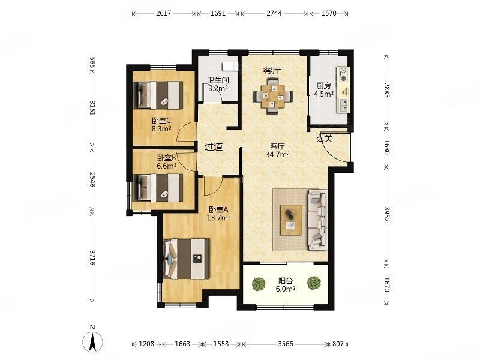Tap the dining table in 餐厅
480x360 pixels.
click(272, 96)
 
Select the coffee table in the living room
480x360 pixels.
click(291, 220)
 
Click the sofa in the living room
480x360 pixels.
click(317, 220)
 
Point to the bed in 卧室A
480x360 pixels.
click(187, 259)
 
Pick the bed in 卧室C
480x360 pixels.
click(158, 95)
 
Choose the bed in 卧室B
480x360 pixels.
click(158, 188)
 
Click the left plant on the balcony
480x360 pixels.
click(259, 284)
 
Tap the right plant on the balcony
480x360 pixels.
click(314, 283)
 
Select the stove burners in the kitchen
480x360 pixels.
click(343, 74)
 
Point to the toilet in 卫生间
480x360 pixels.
click(230, 67)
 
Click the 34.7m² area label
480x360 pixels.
click(278, 155)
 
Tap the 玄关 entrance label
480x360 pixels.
click(324, 139)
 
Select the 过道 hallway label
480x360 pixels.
click(214, 147)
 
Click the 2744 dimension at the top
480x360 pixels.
click(274, 13)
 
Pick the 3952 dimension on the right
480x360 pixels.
click(386, 215)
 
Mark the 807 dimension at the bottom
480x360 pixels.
click(338, 344)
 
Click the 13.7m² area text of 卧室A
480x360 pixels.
click(218, 218)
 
